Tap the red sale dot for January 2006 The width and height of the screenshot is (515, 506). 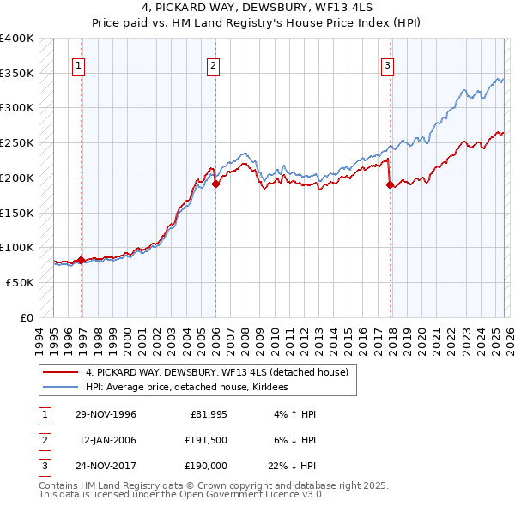[x=216, y=184]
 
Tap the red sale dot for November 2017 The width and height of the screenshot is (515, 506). [x=391, y=184]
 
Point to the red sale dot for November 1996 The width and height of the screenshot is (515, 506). [x=82, y=260]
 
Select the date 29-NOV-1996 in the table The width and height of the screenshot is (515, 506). [x=106, y=414]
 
